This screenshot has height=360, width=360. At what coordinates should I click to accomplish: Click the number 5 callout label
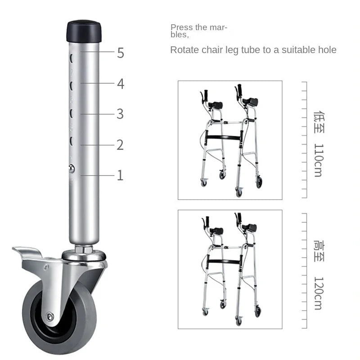120,53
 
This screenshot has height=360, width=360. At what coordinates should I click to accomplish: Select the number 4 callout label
120,84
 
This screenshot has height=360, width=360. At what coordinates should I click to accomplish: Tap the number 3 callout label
120,114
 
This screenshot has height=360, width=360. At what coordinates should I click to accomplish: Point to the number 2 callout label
120,144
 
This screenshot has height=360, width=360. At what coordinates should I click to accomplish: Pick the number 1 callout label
120,175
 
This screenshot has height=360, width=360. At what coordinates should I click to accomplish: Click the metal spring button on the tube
72,168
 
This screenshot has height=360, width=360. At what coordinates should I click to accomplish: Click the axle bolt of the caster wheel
50,316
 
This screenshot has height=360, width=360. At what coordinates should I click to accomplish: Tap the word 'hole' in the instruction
327,50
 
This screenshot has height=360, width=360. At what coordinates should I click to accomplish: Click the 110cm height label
318,160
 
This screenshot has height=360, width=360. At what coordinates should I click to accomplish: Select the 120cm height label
318,293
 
